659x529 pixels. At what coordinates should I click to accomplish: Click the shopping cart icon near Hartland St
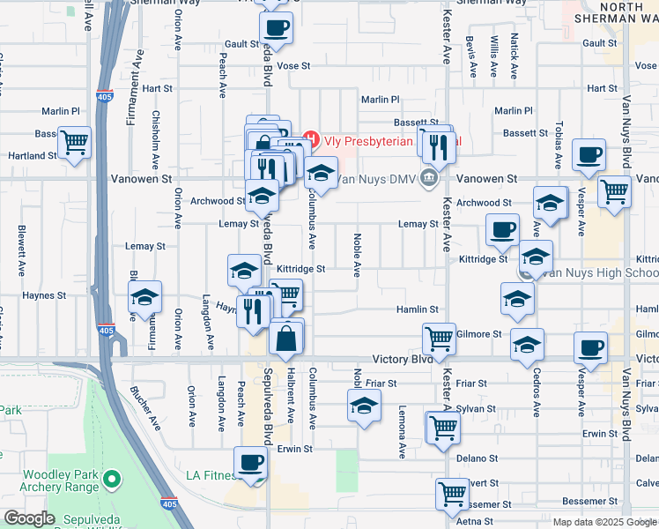pyautogui.click(x=74, y=141)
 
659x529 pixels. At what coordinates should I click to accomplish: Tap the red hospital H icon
pyautogui.click(x=309, y=139)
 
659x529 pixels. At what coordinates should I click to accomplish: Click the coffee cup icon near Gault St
pyautogui.click(x=276, y=26)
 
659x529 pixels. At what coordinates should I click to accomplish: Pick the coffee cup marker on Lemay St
pyautogui.click(x=502, y=230)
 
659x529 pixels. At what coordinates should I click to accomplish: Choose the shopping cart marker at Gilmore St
pyautogui.click(x=438, y=337)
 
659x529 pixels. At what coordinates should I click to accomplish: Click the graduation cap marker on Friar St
pyautogui.click(x=362, y=407)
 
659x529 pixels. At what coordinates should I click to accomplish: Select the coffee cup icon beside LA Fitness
pyautogui.click(x=250, y=461)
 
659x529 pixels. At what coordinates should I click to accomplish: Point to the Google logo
pyautogui.click(x=29, y=518)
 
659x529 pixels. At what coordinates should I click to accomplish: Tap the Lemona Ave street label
pyautogui.click(x=401, y=432)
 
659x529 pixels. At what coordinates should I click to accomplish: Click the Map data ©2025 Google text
pyautogui.click(x=604, y=521)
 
